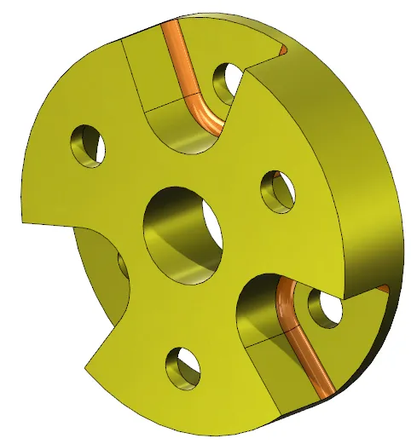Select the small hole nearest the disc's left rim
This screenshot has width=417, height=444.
point(89,144)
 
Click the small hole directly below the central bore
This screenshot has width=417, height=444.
point(182,366)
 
